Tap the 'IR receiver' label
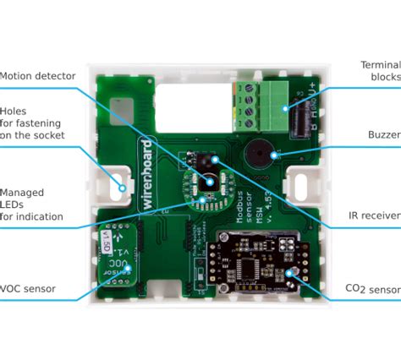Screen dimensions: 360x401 click(372, 216)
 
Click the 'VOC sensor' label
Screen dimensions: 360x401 click(28, 288)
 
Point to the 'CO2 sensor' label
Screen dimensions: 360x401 click(373, 289)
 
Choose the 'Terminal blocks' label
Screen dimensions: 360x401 click(380, 70)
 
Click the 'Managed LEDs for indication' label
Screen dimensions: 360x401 click(30, 205)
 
